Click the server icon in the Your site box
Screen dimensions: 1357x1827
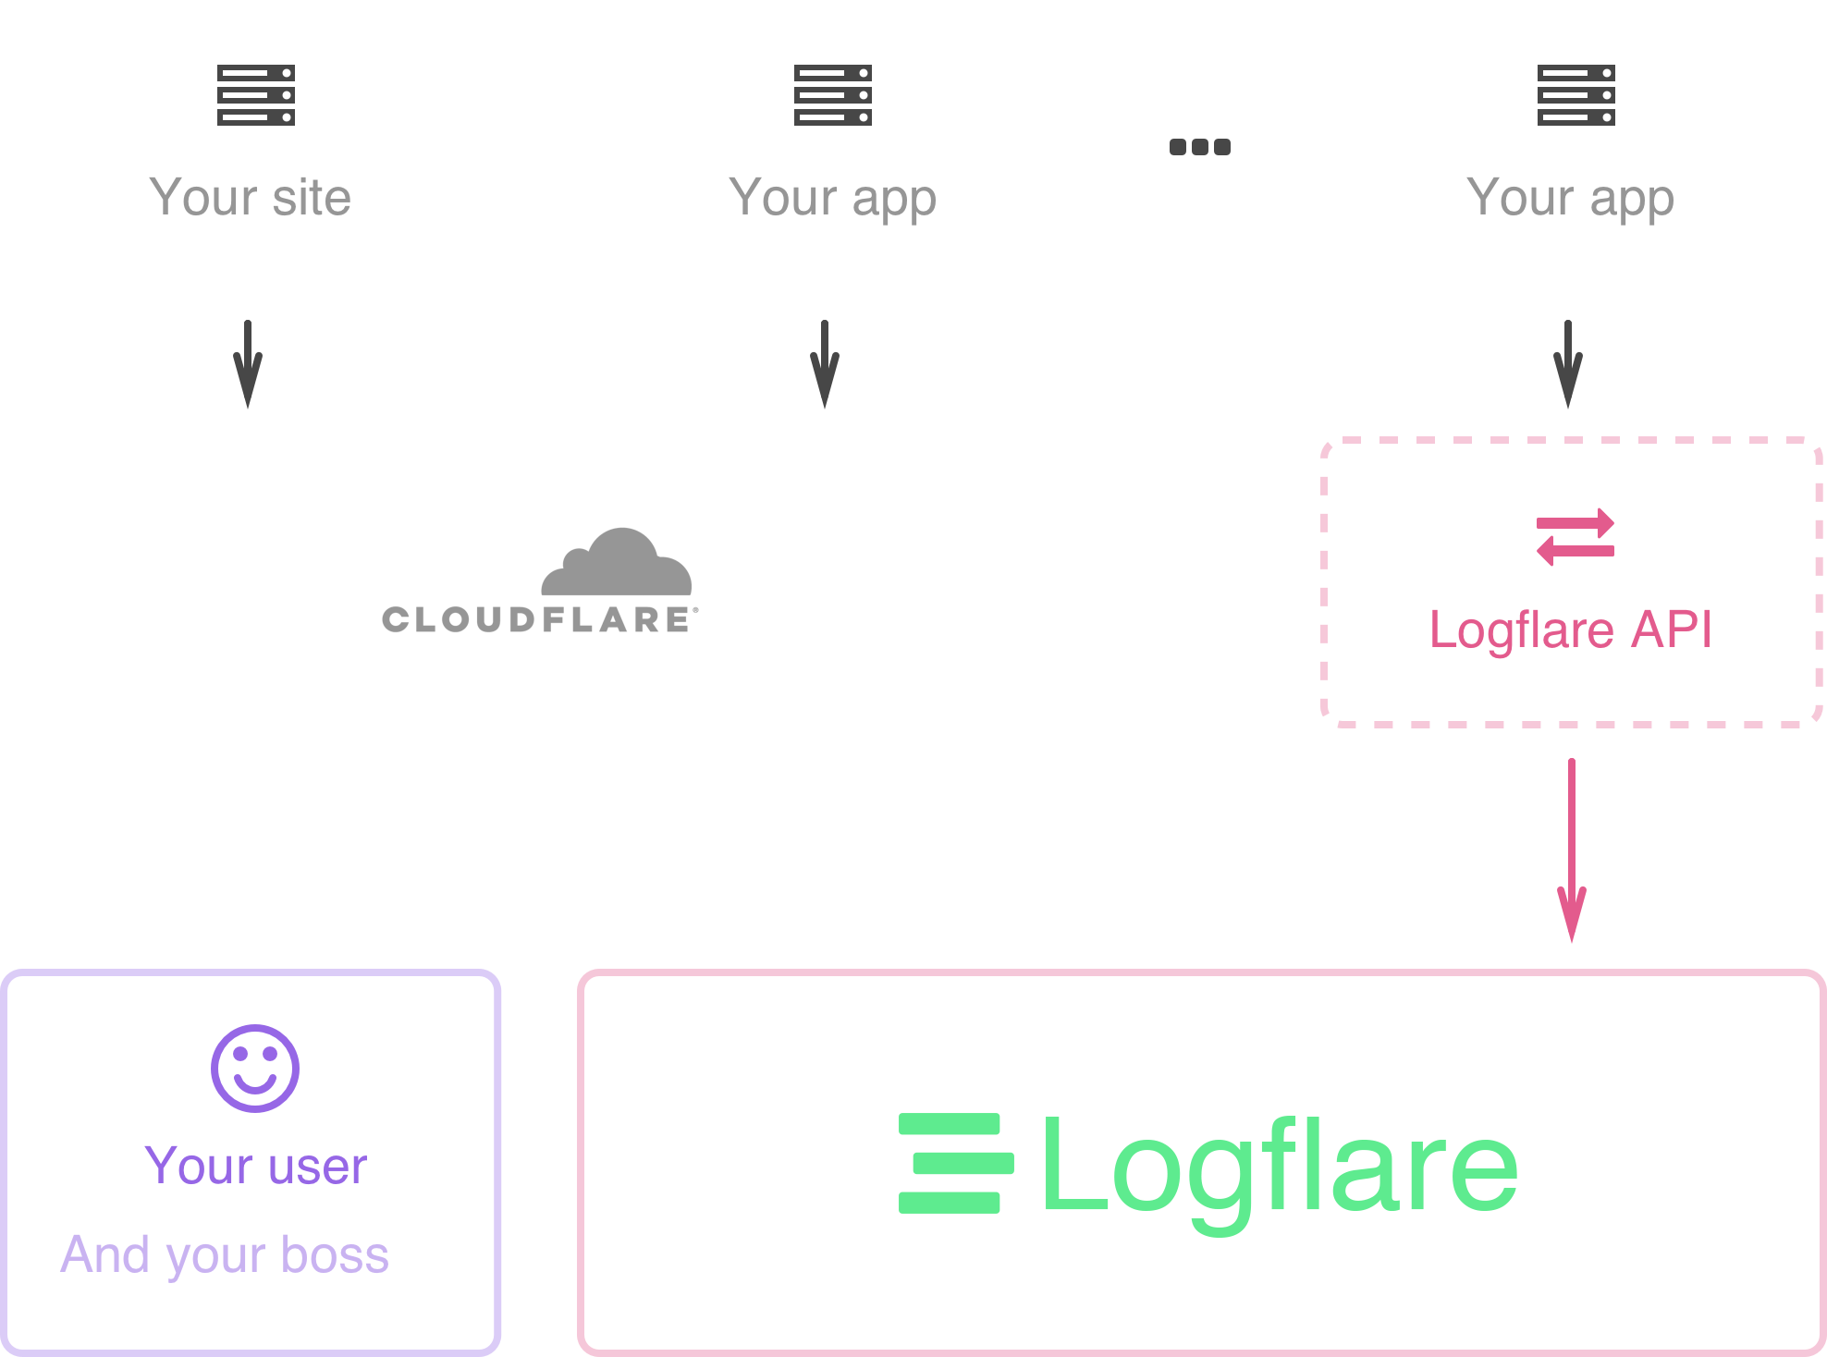256,95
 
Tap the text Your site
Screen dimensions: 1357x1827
251,197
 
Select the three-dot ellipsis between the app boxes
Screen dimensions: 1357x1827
1199,147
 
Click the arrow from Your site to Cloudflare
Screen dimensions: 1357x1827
248,363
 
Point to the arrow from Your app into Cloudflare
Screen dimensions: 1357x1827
825,363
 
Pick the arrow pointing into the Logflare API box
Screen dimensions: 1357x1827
1568,363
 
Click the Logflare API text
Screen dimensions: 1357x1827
1571,630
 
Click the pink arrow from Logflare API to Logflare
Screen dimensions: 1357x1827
1572,850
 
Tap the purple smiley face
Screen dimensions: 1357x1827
255,1068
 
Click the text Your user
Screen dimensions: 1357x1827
256,1166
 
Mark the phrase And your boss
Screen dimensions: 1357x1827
225,1255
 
